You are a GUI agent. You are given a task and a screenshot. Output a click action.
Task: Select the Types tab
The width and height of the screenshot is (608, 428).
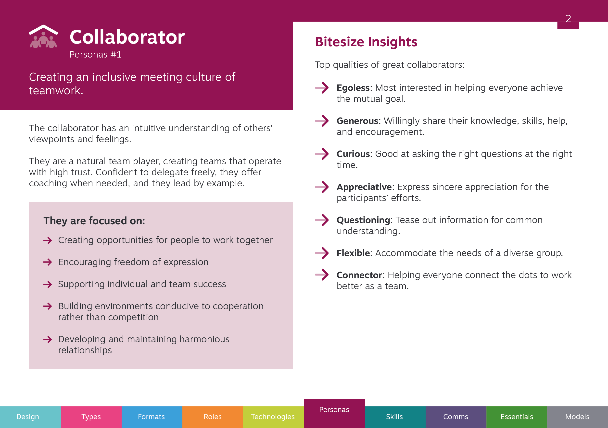(91, 417)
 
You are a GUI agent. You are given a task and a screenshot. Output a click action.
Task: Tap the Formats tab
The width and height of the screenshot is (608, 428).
(152, 417)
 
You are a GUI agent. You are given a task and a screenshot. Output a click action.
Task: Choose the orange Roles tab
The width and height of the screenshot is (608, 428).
(213, 417)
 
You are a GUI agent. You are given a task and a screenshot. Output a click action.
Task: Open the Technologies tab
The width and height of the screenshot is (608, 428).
(273, 417)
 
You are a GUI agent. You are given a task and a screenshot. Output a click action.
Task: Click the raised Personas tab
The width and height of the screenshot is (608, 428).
(334, 413)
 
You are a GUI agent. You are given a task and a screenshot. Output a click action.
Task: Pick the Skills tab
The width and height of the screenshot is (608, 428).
(395, 417)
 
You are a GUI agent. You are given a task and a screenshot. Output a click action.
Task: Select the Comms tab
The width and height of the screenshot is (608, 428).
(456, 417)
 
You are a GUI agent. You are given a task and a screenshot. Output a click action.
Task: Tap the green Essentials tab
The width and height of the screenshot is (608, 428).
(517, 417)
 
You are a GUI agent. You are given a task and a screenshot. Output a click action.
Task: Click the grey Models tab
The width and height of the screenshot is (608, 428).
(577, 417)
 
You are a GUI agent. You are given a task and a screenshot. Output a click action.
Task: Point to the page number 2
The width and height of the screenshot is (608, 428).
(568, 19)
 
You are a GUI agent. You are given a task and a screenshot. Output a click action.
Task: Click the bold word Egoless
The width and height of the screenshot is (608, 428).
(353, 88)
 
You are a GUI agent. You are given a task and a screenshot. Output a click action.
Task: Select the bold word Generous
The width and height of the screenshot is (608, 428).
(357, 121)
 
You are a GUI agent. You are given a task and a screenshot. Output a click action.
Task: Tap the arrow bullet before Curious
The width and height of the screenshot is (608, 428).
(322, 154)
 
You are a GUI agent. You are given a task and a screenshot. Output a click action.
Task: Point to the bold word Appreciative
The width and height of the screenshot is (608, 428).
(364, 187)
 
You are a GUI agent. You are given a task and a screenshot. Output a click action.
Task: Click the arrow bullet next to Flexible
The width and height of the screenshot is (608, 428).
(322, 253)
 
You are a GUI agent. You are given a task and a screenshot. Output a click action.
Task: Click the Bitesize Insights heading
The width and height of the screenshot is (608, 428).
(366, 42)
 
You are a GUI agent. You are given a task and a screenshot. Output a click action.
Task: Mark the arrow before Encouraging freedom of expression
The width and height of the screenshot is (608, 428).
(48, 262)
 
